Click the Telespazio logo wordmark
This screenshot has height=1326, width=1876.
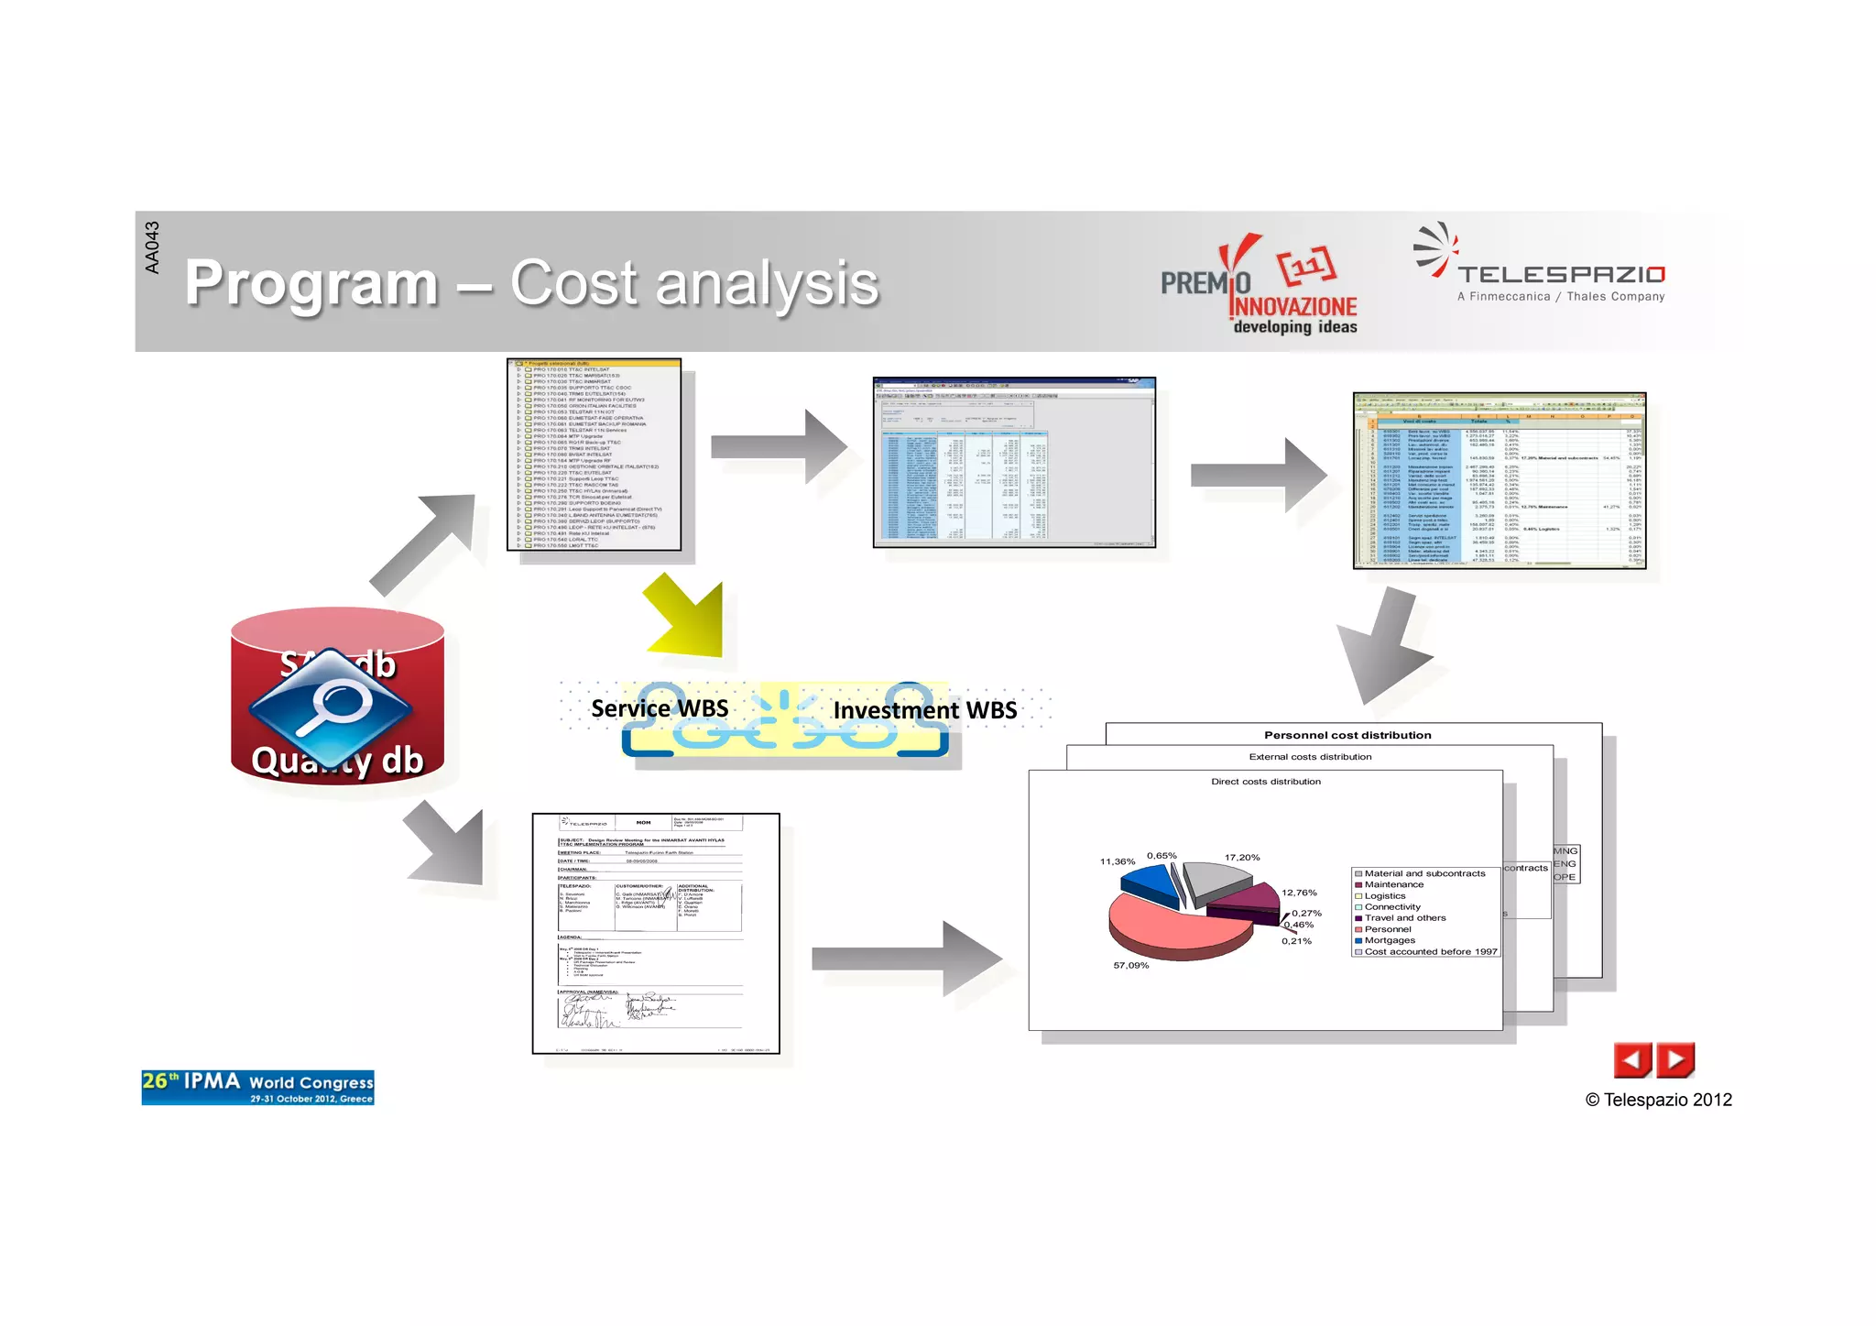pyautogui.click(x=1561, y=274)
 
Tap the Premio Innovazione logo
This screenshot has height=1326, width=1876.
pyautogui.click(x=1259, y=285)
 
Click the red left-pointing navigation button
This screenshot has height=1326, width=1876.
pyautogui.click(x=1631, y=1060)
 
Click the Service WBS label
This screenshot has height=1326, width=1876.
pyautogui.click(x=660, y=708)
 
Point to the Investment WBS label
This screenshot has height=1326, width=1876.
pyautogui.click(x=924, y=710)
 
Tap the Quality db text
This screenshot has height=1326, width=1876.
pyautogui.click(x=337, y=760)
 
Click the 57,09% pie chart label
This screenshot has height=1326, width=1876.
pyautogui.click(x=1130, y=965)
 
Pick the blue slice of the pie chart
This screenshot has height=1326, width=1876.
pyautogui.click(x=1149, y=882)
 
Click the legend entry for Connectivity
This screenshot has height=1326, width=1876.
pyautogui.click(x=1392, y=907)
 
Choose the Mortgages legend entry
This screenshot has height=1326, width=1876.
pyautogui.click(x=1390, y=940)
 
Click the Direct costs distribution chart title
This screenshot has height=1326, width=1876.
pyautogui.click(x=1266, y=782)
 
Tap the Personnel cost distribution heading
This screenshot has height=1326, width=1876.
pyautogui.click(x=1347, y=735)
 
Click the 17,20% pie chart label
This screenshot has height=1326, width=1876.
pyautogui.click(x=1242, y=858)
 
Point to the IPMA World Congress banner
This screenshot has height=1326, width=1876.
pyautogui.click(x=257, y=1088)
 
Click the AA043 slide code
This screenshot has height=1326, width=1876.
pyautogui.click(x=152, y=247)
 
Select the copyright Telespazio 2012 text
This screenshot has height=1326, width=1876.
pyautogui.click(x=1658, y=1100)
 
